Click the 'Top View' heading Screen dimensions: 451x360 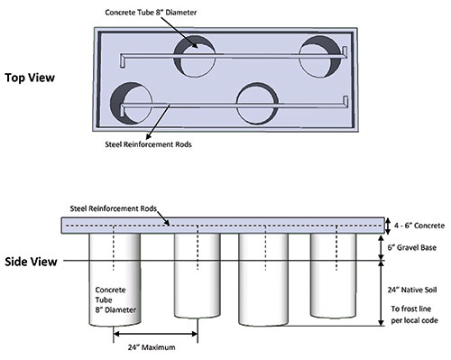pos(30,78)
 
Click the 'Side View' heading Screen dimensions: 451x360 pos(31,262)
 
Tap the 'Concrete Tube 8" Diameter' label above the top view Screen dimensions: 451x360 pos(151,13)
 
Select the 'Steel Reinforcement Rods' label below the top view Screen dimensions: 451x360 pos(148,144)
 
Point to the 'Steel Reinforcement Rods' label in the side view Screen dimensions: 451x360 pos(114,208)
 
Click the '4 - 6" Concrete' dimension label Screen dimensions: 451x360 pos(419,226)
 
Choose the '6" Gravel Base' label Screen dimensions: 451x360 pos(412,247)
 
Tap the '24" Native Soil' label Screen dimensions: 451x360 pos(412,290)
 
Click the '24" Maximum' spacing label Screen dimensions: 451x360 pos(152,347)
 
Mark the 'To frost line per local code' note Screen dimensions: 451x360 pos(414,315)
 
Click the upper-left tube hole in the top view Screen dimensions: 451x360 pos(195,57)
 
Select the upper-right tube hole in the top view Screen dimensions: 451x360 pos(320,57)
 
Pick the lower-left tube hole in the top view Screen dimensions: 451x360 pos(131,103)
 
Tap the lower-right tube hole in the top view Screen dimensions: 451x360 pos(257,103)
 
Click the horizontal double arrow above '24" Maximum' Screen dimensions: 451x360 pos(155,334)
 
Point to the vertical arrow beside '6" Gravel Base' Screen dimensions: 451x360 pos(381,247)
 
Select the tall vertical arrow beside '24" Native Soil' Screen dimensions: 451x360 pos(381,293)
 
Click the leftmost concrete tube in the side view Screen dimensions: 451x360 pos(115,280)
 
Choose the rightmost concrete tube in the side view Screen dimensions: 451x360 pos(334,276)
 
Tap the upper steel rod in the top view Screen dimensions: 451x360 pos(234,56)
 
